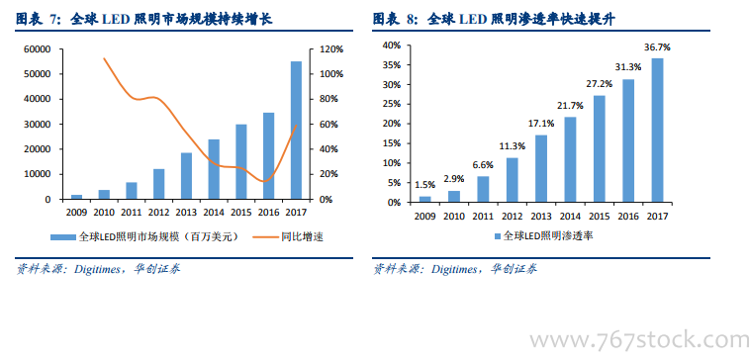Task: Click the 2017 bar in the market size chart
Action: pos(296,130)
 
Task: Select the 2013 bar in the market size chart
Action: pos(186,176)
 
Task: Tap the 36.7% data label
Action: pos(657,47)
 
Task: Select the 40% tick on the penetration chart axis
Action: pos(390,45)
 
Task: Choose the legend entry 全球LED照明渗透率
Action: pos(543,235)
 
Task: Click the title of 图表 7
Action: pos(143,20)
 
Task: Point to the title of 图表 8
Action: pos(494,20)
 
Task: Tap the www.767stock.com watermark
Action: pos(639,340)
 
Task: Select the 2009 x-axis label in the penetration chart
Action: pos(425,217)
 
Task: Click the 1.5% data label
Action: pos(424,185)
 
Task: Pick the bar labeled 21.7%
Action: pos(570,160)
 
